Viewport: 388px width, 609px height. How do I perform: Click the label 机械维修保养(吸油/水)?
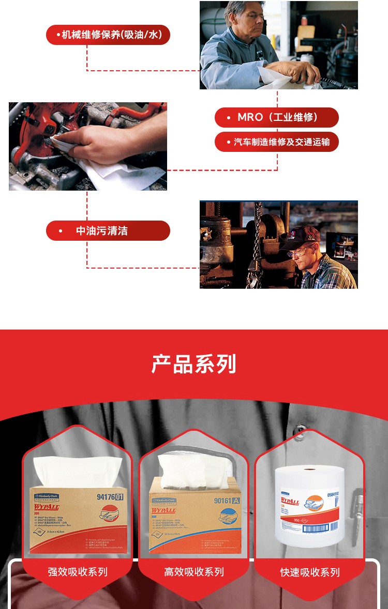(x=108, y=35)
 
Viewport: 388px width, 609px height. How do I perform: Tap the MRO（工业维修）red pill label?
(x=277, y=117)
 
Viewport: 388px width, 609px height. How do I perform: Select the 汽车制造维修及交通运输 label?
(x=277, y=142)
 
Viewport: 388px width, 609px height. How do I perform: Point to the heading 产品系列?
(x=194, y=364)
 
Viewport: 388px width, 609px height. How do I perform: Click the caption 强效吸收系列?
(x=78, y=572)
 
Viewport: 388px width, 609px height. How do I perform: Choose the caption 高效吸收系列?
(x=194, y=572)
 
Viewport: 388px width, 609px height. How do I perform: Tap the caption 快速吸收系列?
(x=310, y=572)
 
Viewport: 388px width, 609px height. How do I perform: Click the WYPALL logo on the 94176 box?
(x=47, y=507)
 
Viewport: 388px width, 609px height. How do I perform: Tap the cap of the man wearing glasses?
(x=303, y=235)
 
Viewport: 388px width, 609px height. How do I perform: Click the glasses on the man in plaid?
(x=300, y=253)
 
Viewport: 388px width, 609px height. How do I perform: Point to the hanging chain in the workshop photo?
(x=256, y=243)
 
